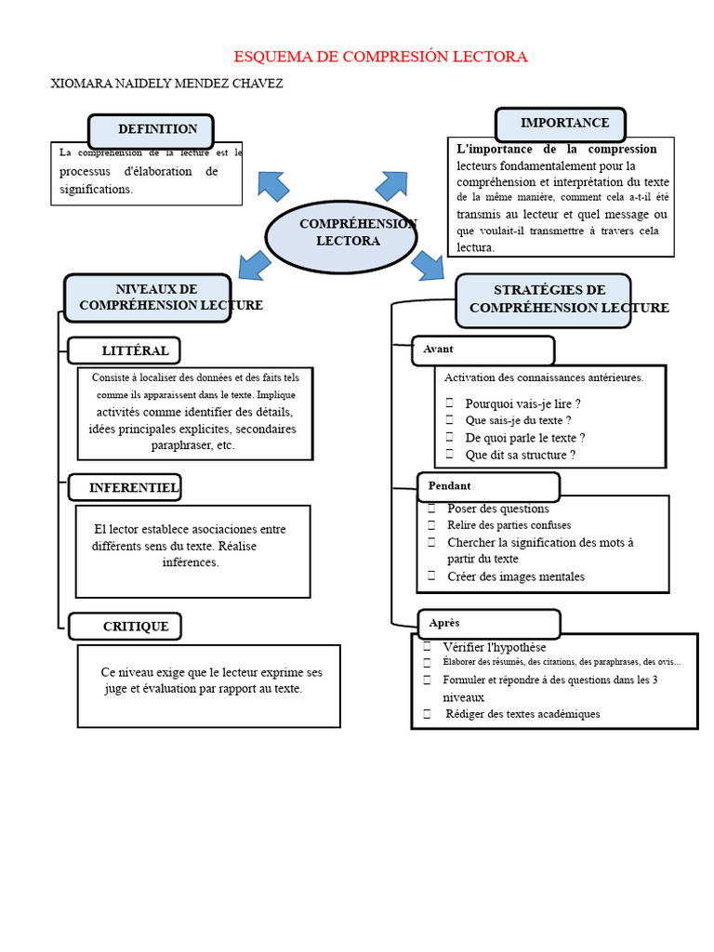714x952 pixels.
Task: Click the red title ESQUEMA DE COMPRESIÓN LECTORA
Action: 379,57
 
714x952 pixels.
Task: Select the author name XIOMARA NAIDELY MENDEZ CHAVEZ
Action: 166,84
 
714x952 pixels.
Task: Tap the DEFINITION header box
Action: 151,130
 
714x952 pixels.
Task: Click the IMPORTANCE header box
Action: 560,124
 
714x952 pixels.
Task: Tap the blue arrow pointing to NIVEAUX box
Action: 255,265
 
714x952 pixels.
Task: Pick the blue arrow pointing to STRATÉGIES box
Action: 429,265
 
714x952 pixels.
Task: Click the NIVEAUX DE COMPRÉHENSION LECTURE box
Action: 147,297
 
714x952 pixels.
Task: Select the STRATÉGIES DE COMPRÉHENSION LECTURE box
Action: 543,299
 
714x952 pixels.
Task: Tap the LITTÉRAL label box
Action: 125,350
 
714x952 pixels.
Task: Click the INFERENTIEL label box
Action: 125,488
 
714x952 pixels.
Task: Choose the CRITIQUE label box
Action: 125,627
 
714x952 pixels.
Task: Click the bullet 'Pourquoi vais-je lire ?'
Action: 522,403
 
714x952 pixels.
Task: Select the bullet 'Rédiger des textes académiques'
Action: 522,714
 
